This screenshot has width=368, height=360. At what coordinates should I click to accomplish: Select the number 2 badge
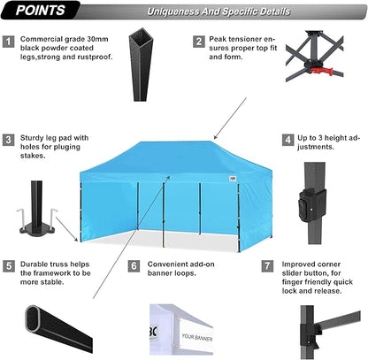click(x=199, y=42)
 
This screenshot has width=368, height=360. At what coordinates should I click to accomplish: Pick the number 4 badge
click(x=288, y=140)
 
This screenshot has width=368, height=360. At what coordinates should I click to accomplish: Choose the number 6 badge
click(x=135, y=264)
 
